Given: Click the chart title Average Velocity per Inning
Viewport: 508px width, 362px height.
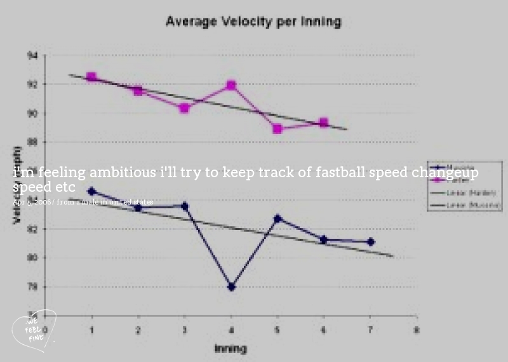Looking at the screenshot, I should [253, 22].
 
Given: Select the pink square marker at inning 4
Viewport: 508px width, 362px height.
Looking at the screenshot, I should [231, 85].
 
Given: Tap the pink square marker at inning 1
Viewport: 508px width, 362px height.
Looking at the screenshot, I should [92, 77].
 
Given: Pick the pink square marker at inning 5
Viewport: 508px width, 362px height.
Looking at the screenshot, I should [277, 128].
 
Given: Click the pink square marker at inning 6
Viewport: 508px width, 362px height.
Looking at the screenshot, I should [324, 123].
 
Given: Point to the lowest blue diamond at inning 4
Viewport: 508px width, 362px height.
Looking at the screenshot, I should [231, 287].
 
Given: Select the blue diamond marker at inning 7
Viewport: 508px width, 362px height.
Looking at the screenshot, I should [370, 242].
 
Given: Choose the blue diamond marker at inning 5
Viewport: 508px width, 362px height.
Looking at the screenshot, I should [277, 218].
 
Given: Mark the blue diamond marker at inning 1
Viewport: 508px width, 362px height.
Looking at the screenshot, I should [92, 191].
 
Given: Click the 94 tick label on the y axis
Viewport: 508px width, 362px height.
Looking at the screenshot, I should [32, 55].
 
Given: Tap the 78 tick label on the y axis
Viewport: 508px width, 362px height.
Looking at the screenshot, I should [32, 287].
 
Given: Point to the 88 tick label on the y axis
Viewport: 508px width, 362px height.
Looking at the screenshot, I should [32, 142].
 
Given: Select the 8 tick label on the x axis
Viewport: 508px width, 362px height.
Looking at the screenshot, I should [417, 330].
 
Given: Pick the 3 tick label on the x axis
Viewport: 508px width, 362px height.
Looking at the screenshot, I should [185, 330].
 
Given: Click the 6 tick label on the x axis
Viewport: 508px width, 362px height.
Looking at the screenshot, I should [324, 330].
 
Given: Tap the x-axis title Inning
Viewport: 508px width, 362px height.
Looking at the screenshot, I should [230, 348].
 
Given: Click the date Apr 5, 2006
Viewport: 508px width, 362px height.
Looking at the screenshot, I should [32, 202].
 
